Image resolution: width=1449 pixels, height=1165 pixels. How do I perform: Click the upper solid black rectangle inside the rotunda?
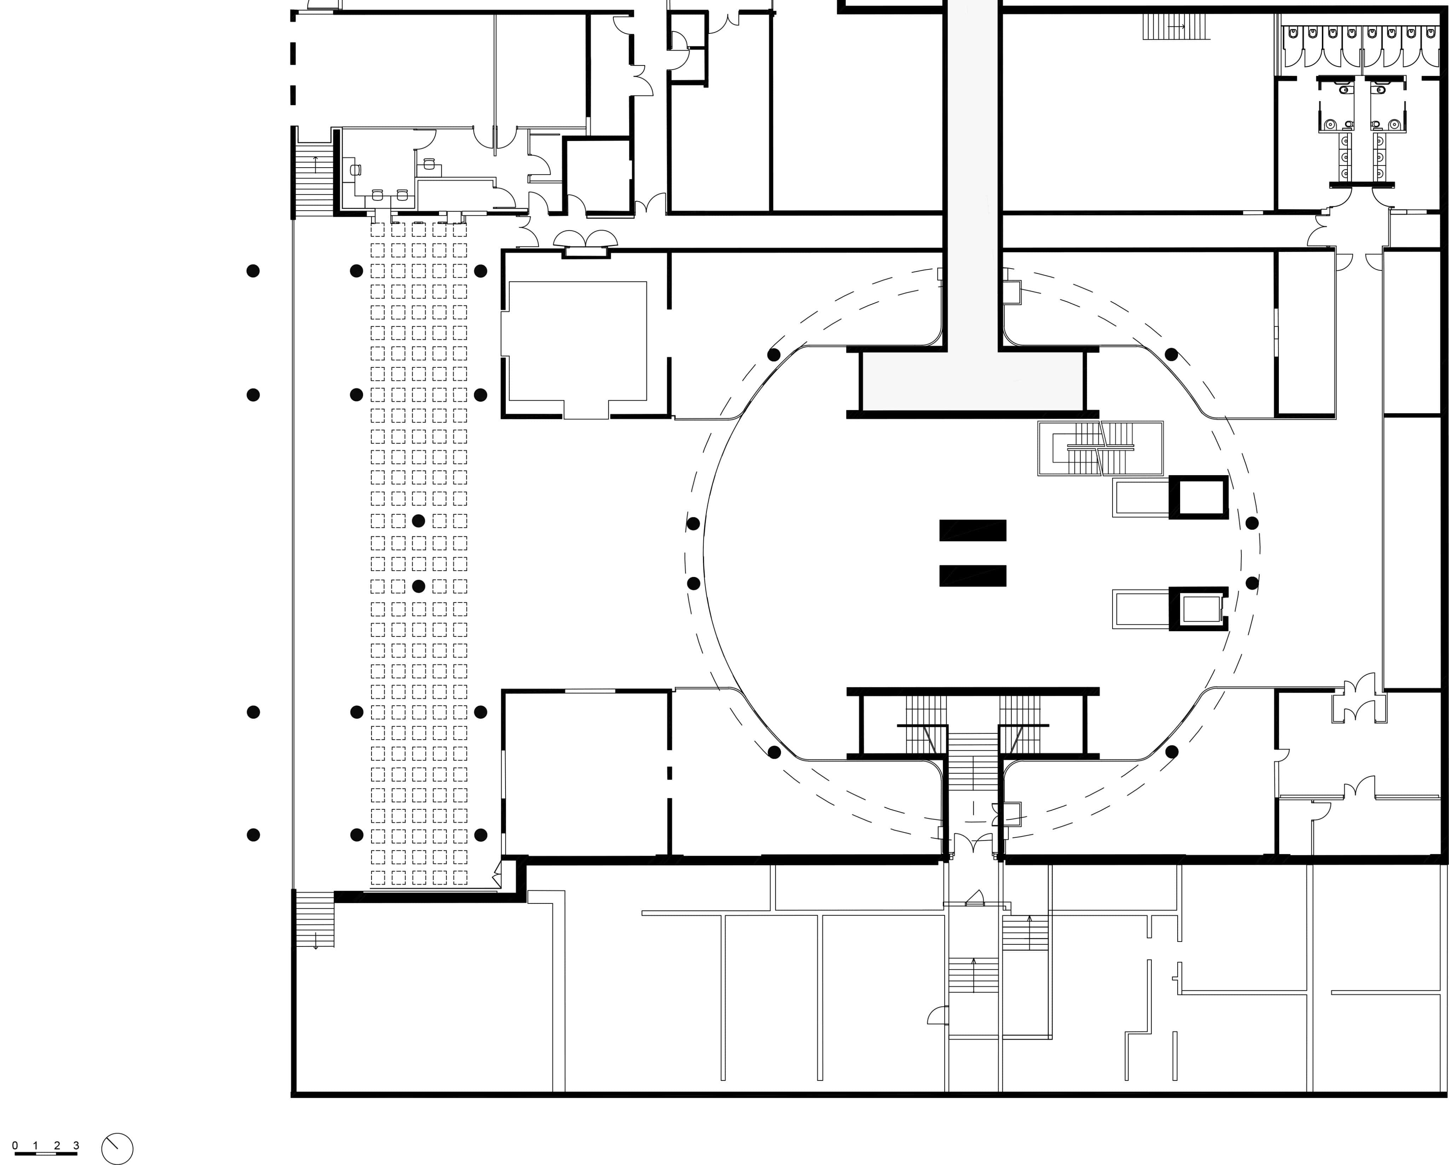pos(972,530)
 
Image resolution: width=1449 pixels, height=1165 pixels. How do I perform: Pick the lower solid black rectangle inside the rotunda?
pos(972,576)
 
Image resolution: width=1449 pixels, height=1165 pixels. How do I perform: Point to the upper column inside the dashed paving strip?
pos(418,521)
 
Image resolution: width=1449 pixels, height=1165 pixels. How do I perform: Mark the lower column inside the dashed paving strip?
pos(418,587)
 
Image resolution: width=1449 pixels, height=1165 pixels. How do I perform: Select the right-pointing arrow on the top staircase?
pos(1176,27)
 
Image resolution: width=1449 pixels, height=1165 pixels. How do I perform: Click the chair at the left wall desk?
pos(355,170)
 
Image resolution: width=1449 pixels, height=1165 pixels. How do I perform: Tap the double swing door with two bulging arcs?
pos(585,239)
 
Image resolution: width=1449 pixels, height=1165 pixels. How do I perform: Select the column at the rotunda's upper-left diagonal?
pos(774,354)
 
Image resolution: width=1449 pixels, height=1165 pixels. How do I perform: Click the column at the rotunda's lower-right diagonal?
pos(1171,752)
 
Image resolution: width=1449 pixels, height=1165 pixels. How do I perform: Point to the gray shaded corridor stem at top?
pos(972,168)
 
